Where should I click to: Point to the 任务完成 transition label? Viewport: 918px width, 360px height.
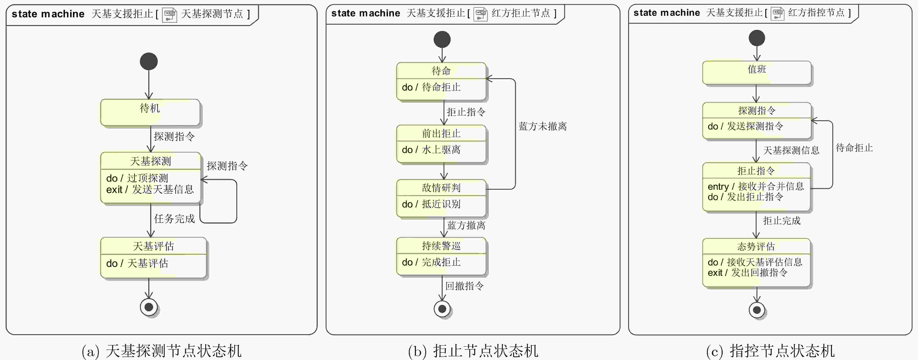pos(174,219)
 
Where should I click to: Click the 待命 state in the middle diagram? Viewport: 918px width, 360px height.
pos(441,81)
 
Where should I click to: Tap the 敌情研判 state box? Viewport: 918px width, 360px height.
pos(441,198)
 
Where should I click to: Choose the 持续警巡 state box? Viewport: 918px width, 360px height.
pos(441,256)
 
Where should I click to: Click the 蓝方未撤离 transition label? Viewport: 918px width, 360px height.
pos(542,126)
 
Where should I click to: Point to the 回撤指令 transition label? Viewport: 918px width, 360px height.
pos(464,286)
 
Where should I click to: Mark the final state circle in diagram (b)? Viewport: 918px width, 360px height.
pos(442,309)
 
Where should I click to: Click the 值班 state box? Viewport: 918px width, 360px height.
pos(757,73)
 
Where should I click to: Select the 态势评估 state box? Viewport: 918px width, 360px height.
pos(756,262)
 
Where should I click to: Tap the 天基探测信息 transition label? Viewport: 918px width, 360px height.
pos(791,150)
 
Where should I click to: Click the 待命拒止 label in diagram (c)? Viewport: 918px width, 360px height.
pos(854,148)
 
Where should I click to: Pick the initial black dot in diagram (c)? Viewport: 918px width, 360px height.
pos(757,38)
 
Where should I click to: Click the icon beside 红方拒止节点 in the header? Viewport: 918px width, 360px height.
pos(480,14)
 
